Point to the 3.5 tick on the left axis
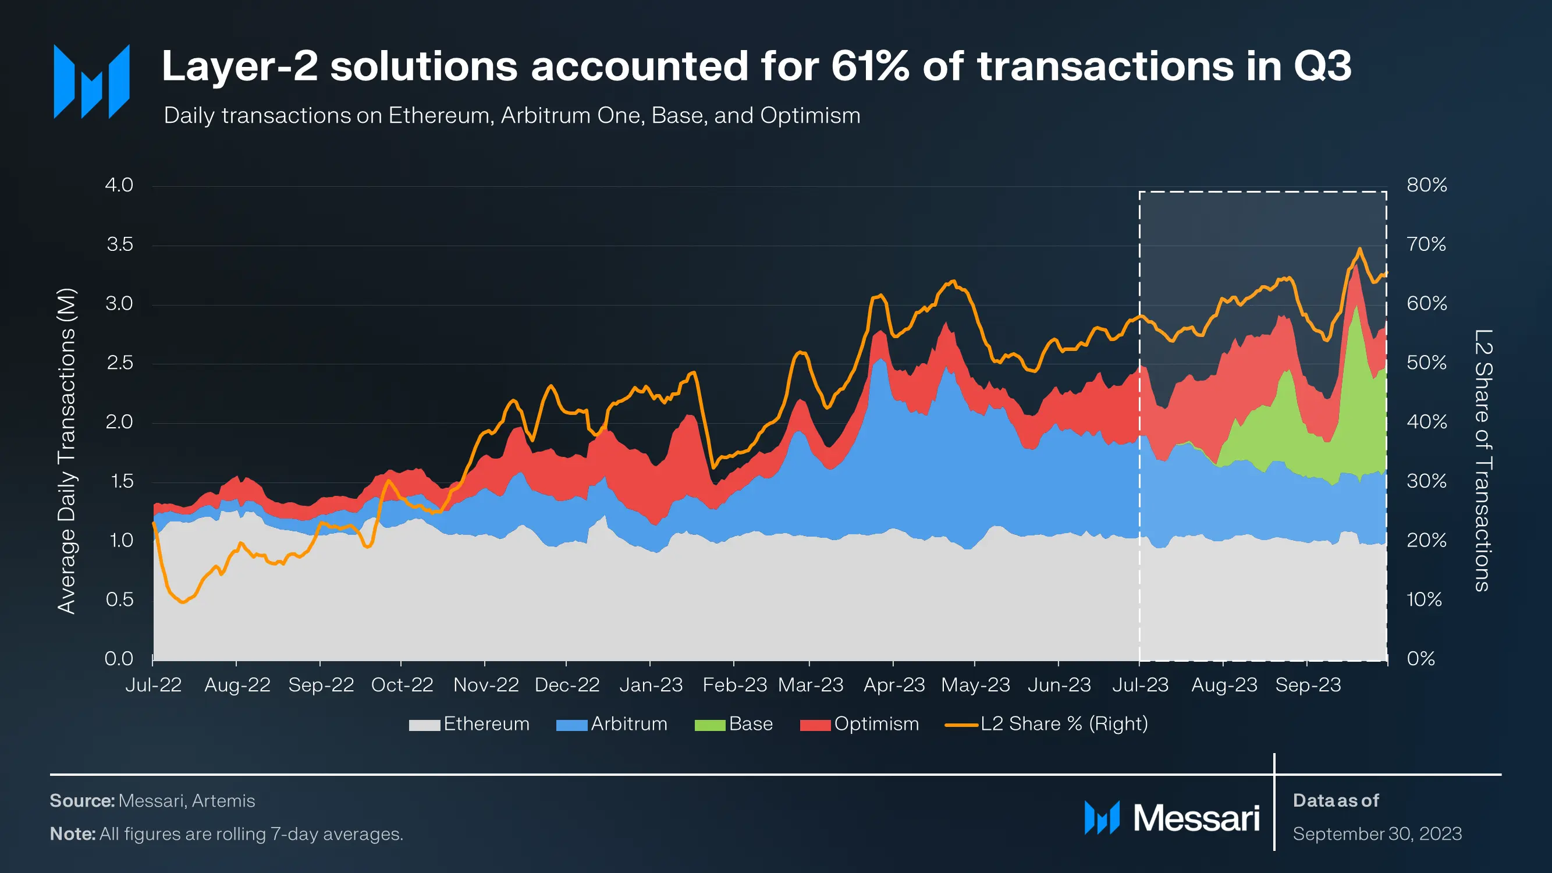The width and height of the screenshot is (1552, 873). pyautogui.click(x=119, y=244)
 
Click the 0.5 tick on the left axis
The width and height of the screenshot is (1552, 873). pyautogui.click(x=119, y=599)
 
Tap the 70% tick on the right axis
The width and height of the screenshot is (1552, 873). pyautogui.click(x=1426, y=244)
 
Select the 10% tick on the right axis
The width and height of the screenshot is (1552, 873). pyautogui.click(x=1423, y=599)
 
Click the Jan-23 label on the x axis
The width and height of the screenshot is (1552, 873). pyautogui.click(x=651, y=685)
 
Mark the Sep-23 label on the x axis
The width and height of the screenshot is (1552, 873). pyautogui.click(x=1308, y=685)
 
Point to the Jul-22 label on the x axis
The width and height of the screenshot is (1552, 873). pyautogui.click(x=153, y=685)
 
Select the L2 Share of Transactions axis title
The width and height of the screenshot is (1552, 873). pyautogui.click(x=1483, y=460)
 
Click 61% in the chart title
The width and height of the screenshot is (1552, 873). pyautogui.click(x=869, y=66)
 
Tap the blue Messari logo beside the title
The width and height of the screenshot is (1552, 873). pyautogui.click(x=91, y=81)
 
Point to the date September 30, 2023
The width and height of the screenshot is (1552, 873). pyautogui.click(x=1377, y=834)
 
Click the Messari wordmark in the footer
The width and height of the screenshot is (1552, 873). pyautogui.click(x=1196, y=818)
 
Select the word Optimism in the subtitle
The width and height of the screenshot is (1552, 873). pyautogui.click(x=811, y=115)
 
